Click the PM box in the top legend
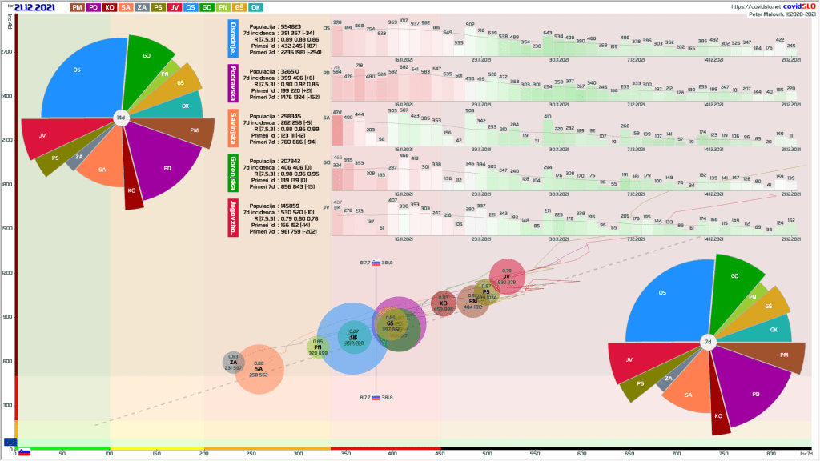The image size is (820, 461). point(78,7)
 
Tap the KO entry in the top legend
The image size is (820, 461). point(110,7)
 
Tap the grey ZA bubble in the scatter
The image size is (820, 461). point(233,363)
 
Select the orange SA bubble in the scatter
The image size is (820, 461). point(259,369)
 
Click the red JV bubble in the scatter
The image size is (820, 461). point(506,277)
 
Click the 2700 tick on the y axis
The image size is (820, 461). point(7,53)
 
